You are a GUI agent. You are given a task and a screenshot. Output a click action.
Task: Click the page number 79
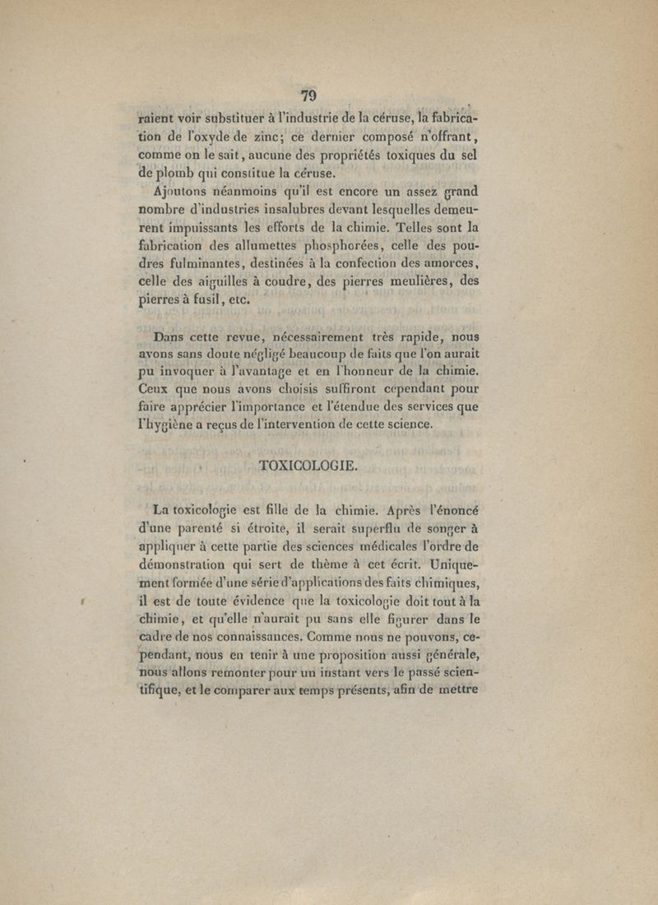(308, 95)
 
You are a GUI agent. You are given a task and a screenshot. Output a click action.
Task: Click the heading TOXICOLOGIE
(308, 466)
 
